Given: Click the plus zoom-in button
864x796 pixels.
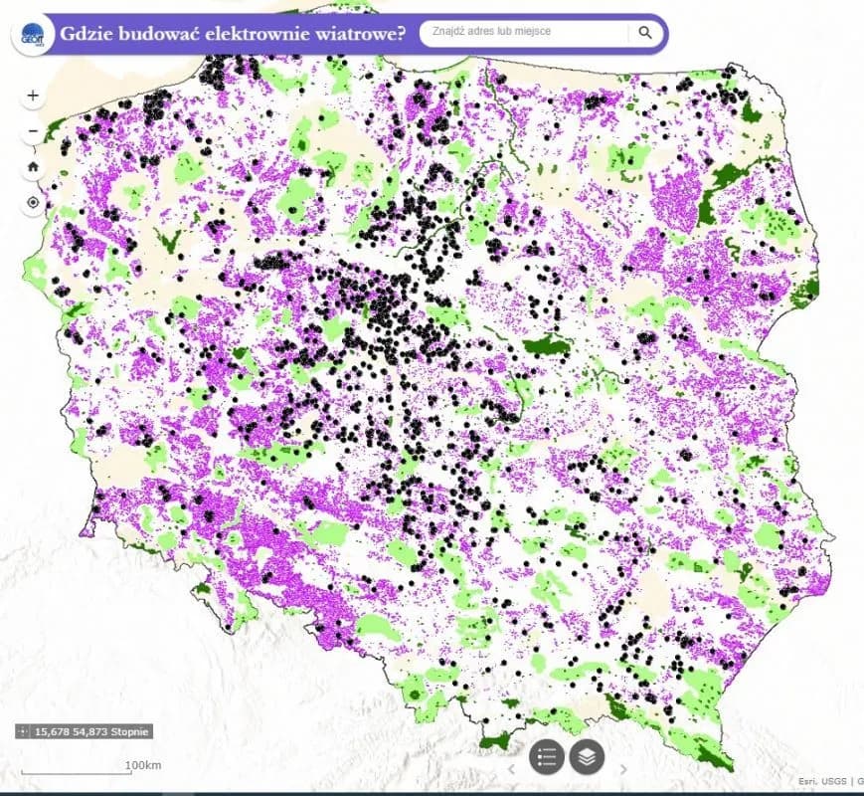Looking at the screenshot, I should point(33,96).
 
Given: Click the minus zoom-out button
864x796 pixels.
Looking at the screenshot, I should point(33,130).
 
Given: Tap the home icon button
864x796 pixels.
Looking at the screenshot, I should point(33,166).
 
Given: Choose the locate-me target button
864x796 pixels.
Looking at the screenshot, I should point(33,202).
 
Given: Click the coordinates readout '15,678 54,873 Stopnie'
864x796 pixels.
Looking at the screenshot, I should point(91,731).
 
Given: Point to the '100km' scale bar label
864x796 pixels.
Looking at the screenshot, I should point(143,764).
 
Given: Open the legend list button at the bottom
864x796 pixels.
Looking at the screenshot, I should point(546,756).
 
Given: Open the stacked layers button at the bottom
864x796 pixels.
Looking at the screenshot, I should point(587,756).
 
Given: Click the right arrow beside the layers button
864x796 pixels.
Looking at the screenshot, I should point(623,768).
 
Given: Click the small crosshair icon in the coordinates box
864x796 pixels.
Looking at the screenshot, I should point(24,731).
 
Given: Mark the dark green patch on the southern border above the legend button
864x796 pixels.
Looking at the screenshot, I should point(494,740).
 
